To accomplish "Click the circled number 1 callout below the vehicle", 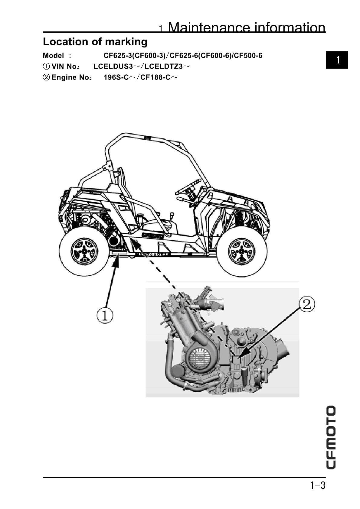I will [x=105, y=316].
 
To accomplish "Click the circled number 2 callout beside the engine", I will [x=307, y=304].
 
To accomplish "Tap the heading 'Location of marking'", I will [x=95, y=42].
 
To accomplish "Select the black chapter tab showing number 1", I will [x=337, y=60].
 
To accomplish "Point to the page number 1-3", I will [x=317, y=485].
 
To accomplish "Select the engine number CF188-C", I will [x=155, y=77].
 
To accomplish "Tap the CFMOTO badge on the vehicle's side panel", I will [x=152, y=235].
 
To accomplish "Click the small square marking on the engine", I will [x=236, y=359].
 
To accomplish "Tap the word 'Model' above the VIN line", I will [x=53, y=56].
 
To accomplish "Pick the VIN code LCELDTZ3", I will [x=164, y=66].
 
